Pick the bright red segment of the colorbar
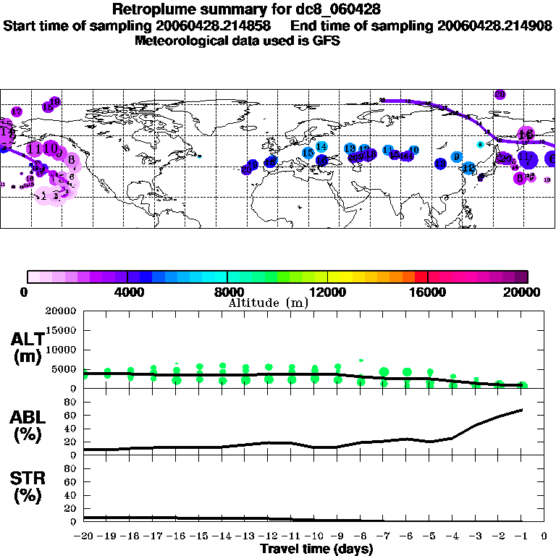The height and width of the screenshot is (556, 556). (x=421, y=277)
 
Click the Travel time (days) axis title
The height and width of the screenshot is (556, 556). (x=316, y=549)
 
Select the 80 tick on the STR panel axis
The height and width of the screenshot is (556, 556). (x=72, y=468)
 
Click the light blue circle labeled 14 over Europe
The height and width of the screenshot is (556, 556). (x=321, y=147)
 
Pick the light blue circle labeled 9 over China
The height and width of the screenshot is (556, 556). (x=456, y=157)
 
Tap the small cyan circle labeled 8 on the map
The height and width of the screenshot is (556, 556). (x=480, y=145)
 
